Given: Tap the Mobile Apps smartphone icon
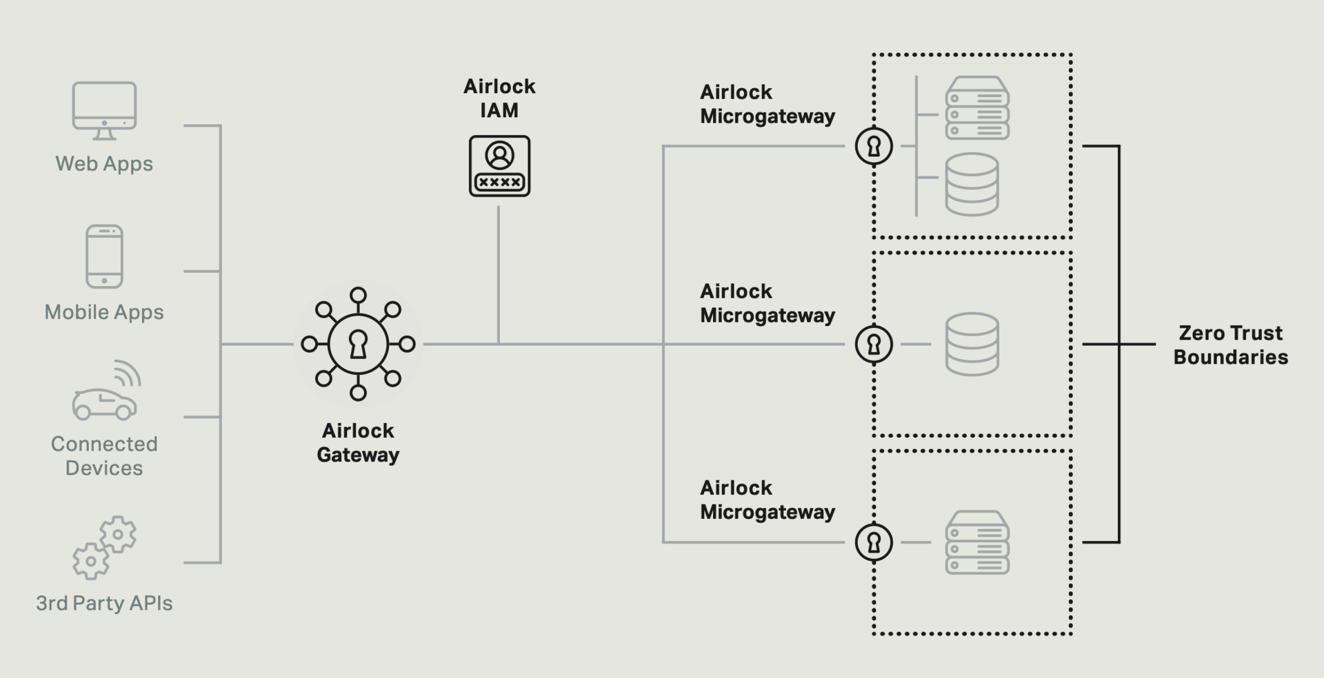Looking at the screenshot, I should [x=104, y=256].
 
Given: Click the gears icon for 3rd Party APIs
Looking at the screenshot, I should [x=104, y=548].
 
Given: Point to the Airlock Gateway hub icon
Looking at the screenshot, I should [x=358, y=344].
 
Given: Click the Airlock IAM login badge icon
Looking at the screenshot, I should [x=499, y=166].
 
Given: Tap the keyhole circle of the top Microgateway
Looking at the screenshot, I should [x=874, y=146].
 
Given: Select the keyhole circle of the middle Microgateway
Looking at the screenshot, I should [x=874, y=344].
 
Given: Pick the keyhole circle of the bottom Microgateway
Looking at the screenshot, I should [x=874, y=542].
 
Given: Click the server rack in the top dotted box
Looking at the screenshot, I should [x=977, y=108].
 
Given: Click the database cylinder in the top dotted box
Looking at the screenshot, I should [x=972, y=184].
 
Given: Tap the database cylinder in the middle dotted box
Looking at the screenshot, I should [x=972, y=344].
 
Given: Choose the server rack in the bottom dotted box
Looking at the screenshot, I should [x=977, y=542].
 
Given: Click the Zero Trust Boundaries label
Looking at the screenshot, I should [x=1230, y=345].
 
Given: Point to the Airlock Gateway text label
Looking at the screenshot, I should [x=358, y=442].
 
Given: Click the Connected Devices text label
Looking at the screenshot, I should [x=104, y=455].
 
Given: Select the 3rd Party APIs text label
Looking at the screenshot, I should [x=104, y=603].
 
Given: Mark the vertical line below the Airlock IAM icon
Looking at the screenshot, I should [x=498, y=276].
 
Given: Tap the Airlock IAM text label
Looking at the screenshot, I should [x=499, y=98].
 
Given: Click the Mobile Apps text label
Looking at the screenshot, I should [x=104, y=312].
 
